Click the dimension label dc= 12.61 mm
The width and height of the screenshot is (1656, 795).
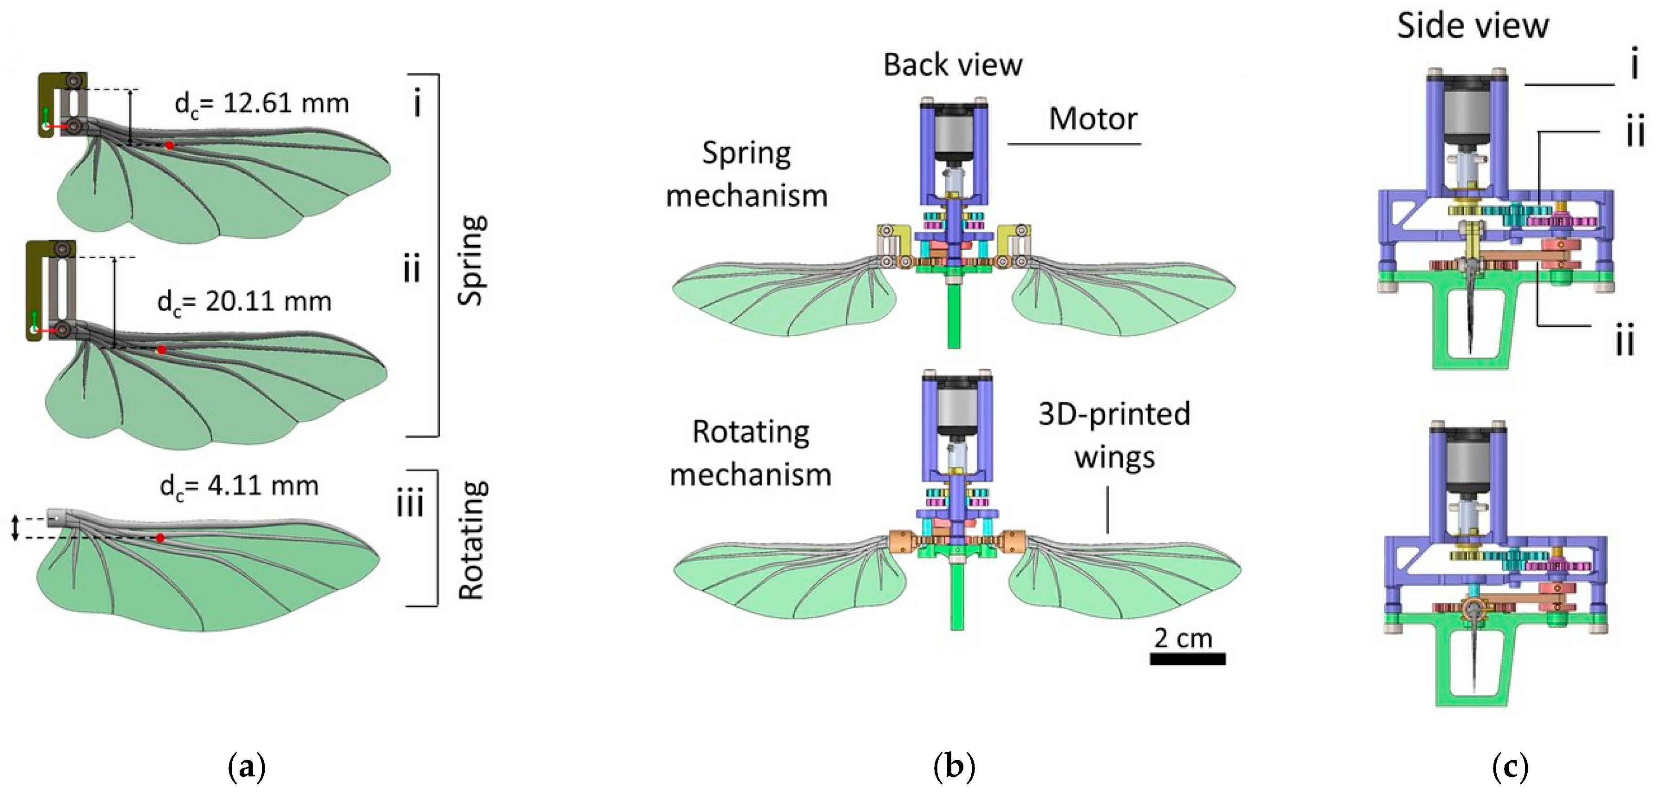click(x=262, y=104)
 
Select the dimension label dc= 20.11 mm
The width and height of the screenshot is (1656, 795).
click(x=244, y=302)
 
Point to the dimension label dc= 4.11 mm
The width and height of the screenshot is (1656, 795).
click(x=239, y=487)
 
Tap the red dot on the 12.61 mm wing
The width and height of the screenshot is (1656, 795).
click(x=169, y=146)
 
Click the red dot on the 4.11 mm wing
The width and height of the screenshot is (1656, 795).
click(x=161, y=537)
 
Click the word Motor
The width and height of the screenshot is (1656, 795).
click(x=1093, y=119)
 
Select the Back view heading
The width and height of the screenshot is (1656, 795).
click(x=953, y=65)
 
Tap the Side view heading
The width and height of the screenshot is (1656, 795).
click(x=1473, y=26)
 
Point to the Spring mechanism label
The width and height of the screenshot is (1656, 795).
click(x=747, y=174)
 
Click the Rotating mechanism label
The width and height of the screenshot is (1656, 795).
click(x=750, y=453)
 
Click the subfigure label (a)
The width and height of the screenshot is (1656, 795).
click(x=247, y=767)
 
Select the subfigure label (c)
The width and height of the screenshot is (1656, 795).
click(x=1510, y=767)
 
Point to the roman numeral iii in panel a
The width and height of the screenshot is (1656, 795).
click(x=410, y=502)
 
